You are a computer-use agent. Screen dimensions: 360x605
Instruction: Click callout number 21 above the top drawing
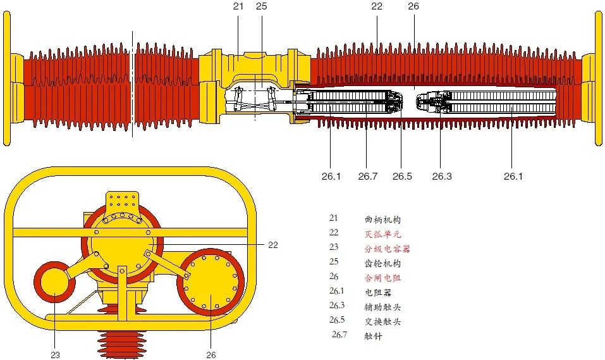pos(238,6)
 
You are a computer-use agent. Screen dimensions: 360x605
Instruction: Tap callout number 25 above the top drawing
pos(262,6)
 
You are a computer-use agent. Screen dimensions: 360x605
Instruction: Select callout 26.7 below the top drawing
pos(367,177)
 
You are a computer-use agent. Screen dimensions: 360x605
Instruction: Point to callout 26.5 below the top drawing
pos(402,177)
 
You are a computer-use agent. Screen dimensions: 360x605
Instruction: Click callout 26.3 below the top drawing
pos(442,177)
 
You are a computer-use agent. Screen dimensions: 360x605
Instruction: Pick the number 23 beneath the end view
pos(55,355)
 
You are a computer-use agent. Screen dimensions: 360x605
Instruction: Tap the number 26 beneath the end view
pos(211,355)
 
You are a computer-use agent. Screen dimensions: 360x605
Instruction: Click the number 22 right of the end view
pos(273,245)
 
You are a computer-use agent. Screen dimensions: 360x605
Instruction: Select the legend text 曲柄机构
pos(383,220)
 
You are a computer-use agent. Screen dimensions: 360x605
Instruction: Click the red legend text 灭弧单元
pos(383,234)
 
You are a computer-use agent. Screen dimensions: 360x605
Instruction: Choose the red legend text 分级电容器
pos(387,249)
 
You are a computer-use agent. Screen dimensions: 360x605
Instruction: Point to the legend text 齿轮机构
pos(383,263)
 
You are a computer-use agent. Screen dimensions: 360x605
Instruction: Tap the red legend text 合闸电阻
pos(383,278)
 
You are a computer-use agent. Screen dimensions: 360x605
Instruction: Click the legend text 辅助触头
pos(383,307)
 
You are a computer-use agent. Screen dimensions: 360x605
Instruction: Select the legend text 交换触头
pos(383,321)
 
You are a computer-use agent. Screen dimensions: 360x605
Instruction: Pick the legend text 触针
pos(374,336)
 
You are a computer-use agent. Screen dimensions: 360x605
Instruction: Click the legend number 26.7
pos(339,335)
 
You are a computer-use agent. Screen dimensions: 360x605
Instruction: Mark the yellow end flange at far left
pos(7,79)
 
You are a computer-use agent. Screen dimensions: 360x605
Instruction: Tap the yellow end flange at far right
pos(598,79)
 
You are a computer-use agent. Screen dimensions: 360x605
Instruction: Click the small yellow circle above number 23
pos(54,286)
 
